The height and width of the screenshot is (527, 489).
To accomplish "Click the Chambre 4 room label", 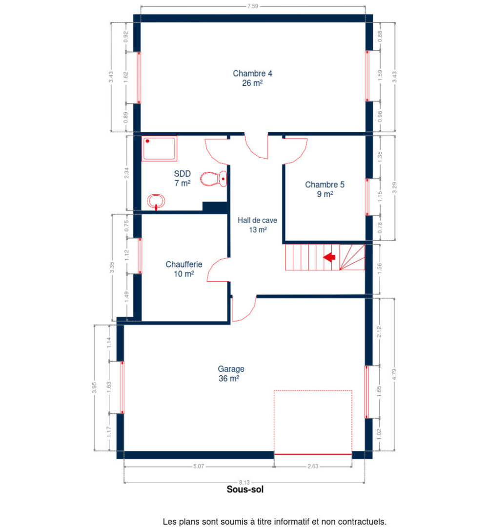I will click(252, 78).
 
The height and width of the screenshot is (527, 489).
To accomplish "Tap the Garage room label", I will click(230, 373).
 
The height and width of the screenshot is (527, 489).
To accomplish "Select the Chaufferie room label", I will click(183, 269).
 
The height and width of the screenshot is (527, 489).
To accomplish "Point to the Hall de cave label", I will click(257, 224).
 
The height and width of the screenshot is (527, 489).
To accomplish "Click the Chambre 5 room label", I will click(325, 189).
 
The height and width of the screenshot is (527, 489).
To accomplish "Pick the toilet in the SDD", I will click(214, 179).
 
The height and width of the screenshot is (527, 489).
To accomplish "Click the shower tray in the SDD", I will click(159, 148).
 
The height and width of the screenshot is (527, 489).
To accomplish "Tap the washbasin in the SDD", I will click(156, 201).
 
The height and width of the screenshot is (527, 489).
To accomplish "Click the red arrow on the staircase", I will click(329, 257).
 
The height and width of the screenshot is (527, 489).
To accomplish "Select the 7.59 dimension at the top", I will click(252, 6).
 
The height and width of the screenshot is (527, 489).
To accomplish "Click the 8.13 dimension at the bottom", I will click(245, 483).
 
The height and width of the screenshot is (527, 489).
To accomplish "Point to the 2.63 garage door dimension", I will click(313, 466).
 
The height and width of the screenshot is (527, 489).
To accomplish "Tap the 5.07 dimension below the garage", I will click(199, 466).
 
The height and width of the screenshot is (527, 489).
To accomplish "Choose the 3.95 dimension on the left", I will click(95, 387).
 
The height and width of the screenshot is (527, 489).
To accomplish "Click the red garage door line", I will click(313, 454).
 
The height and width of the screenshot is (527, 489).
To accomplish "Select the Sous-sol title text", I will click(245, 489).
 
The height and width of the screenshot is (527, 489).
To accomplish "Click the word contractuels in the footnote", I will click(362, 522).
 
